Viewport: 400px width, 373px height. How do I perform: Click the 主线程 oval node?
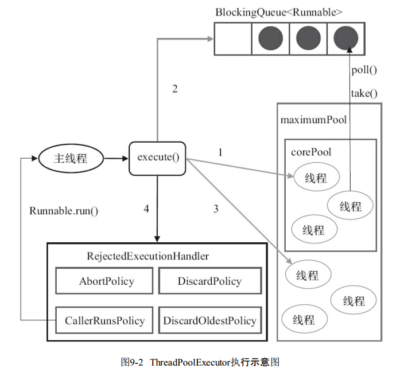pyautogui.click(x=71, y=158)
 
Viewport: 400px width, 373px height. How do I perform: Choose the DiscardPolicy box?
pyautogui.click(x=209, y=281)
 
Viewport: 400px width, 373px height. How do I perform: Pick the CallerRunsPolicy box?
pyautogui.click(x=104, y=320)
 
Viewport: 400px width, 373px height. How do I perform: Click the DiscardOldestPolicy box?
pyautogui.click(x=209, y=320)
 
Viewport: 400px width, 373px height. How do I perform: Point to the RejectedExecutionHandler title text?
pyautogui.click(x=156, y=256)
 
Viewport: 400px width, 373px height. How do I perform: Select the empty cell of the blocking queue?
pyautogui.click(x=233, y=39)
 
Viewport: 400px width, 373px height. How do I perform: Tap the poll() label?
pyautogui.click(x=364, y=71)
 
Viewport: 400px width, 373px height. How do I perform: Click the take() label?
pyautogui.click(x=364, y=93)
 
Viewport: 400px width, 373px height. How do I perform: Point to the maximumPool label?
pyautogui.click(x=313, y=120)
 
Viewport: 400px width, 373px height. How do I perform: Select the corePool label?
pyautogui.click(x=310, y=152)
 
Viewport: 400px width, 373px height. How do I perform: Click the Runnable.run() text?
pyautogui.click(x=64, y=210)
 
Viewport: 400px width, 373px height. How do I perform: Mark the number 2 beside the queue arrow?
pyautogui.click(x=174, y=89)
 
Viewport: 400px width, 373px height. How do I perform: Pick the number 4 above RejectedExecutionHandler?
pyautogui.click(x=146, y=209)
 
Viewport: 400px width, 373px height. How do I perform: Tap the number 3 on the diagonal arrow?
pyautogui.click(x=216, y=209)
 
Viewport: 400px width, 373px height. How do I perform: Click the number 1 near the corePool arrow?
pyautogui.click(x=219, y=152)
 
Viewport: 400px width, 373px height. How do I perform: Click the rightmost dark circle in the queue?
pyautogui.click(x=345, y=39)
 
